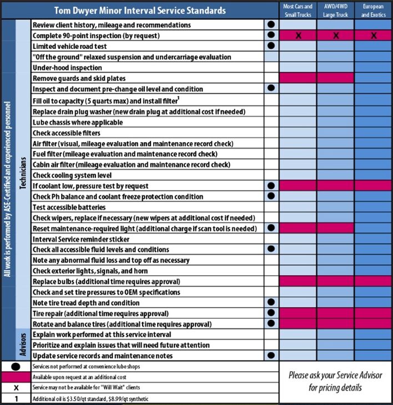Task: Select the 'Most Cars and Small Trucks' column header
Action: [298, 11]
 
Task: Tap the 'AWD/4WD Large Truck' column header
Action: [335, 11]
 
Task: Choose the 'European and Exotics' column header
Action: [373, 11]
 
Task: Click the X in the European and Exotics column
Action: [373, 36]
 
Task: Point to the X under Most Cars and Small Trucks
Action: [298, 36]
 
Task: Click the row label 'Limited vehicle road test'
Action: [69, 46]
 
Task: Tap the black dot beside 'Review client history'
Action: [271, 25]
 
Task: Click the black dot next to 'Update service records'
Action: [271, 356]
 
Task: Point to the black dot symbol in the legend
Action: [16, 367]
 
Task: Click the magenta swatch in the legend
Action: [16, 377]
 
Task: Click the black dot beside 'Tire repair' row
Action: [271, 313]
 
